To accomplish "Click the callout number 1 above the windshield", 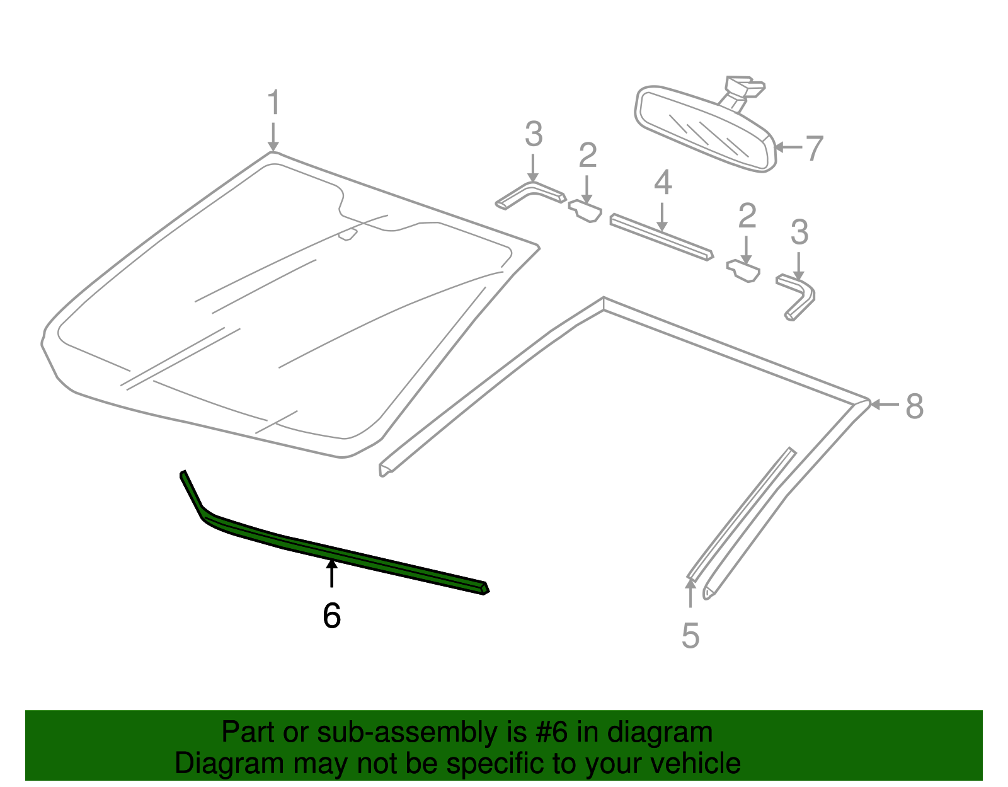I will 273,103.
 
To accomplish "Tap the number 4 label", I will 662,183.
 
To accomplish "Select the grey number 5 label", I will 690,635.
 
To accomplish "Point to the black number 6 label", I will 331,616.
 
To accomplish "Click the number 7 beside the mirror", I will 815,149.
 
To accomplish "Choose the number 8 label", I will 914,406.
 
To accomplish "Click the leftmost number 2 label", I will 587,156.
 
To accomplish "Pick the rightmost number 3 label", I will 799,233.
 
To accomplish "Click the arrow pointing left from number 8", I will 885,405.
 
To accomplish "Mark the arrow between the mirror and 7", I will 787,147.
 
